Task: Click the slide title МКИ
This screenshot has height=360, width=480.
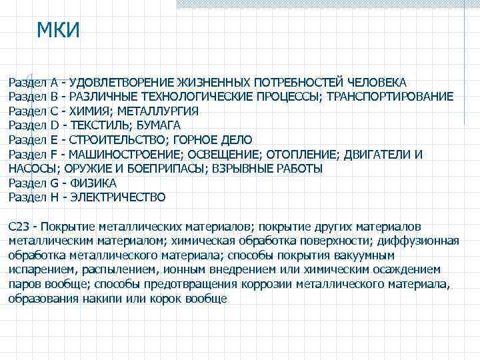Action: click(58, 31)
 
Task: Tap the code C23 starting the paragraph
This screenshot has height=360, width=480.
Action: click(18, 227)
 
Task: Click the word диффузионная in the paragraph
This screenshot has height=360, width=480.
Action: click(425, 241)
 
